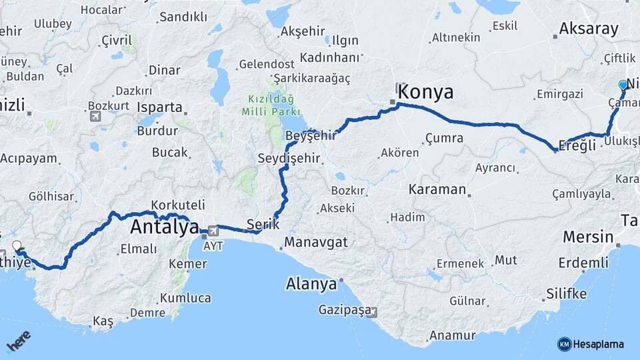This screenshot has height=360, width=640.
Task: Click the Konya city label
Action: pos(427,92)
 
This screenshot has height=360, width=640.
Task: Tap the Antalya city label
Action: pos(164,227)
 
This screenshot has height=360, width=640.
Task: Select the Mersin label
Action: pos(588,237)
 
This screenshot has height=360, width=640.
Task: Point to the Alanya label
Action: pos(311,285)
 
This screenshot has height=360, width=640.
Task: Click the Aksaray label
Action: pos(589,29)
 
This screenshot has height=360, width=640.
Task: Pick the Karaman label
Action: pos(438,189)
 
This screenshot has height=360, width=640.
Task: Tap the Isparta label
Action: pos(159,107)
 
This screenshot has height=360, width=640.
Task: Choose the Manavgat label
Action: pos(316,242)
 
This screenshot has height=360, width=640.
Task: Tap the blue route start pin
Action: pos(623,85)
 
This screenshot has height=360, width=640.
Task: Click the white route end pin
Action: pos(17,246)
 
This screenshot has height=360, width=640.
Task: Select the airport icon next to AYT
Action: pos(213,231)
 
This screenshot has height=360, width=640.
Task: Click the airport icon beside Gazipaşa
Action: pos(373,311)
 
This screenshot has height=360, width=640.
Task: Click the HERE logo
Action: pos(19,341)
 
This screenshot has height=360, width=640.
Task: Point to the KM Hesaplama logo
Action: pos(591,344)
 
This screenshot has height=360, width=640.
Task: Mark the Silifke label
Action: pos(566,294)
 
